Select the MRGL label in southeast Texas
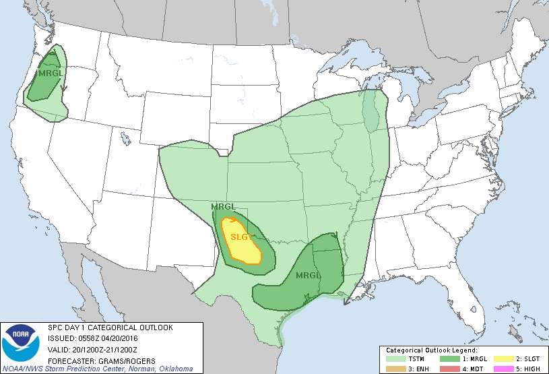pos(309,276)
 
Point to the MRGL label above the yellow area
pos(223,206)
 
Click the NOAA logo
pos(21,344)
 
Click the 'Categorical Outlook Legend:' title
pos(431,350)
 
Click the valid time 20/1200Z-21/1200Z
pos(110,350)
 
